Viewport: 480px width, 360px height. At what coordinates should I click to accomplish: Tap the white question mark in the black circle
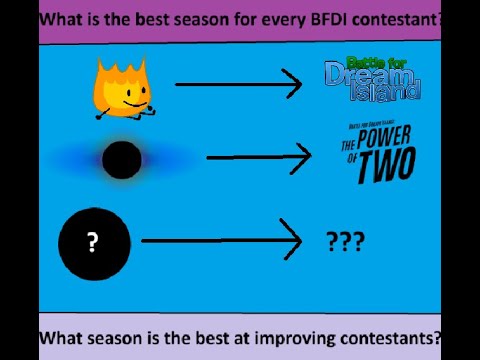(x=93, y=242)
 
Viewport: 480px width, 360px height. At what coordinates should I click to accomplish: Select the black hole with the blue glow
(x=122, y=159)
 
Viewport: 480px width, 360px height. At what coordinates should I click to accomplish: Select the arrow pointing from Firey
(x=238, y=85)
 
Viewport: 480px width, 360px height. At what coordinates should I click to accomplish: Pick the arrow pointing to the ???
(x=221, y=241)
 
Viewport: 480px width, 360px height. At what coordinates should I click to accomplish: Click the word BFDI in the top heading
(x=323, y=19)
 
